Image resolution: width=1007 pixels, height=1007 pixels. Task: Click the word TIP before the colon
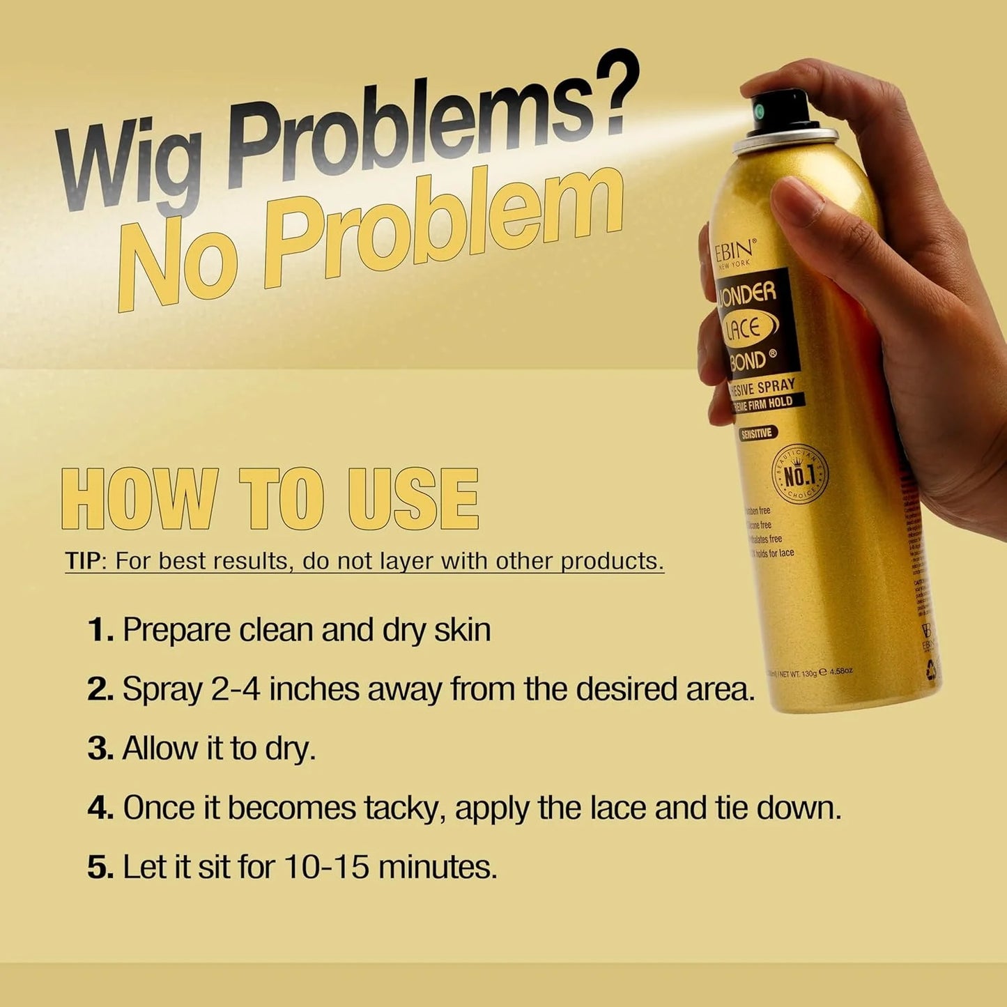[x=83, y=561]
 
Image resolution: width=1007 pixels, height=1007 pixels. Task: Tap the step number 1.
[x=100, y=630]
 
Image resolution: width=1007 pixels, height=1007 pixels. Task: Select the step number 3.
[x=100, y=749]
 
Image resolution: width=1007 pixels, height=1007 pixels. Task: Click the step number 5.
[x=100, y=868]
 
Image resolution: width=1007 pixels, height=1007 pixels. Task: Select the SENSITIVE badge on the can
[x=757, y=433]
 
